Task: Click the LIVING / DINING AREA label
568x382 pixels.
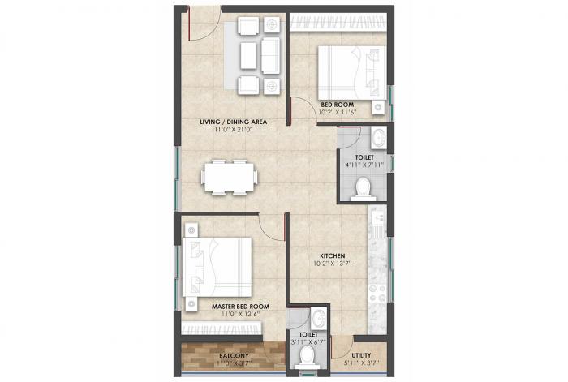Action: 234,122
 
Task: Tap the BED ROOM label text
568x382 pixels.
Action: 336,105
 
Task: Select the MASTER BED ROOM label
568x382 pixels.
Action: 240,307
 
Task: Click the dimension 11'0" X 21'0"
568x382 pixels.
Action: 234,130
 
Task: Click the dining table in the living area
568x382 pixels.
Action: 230,176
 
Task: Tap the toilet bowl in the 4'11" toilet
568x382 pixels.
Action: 364,190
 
